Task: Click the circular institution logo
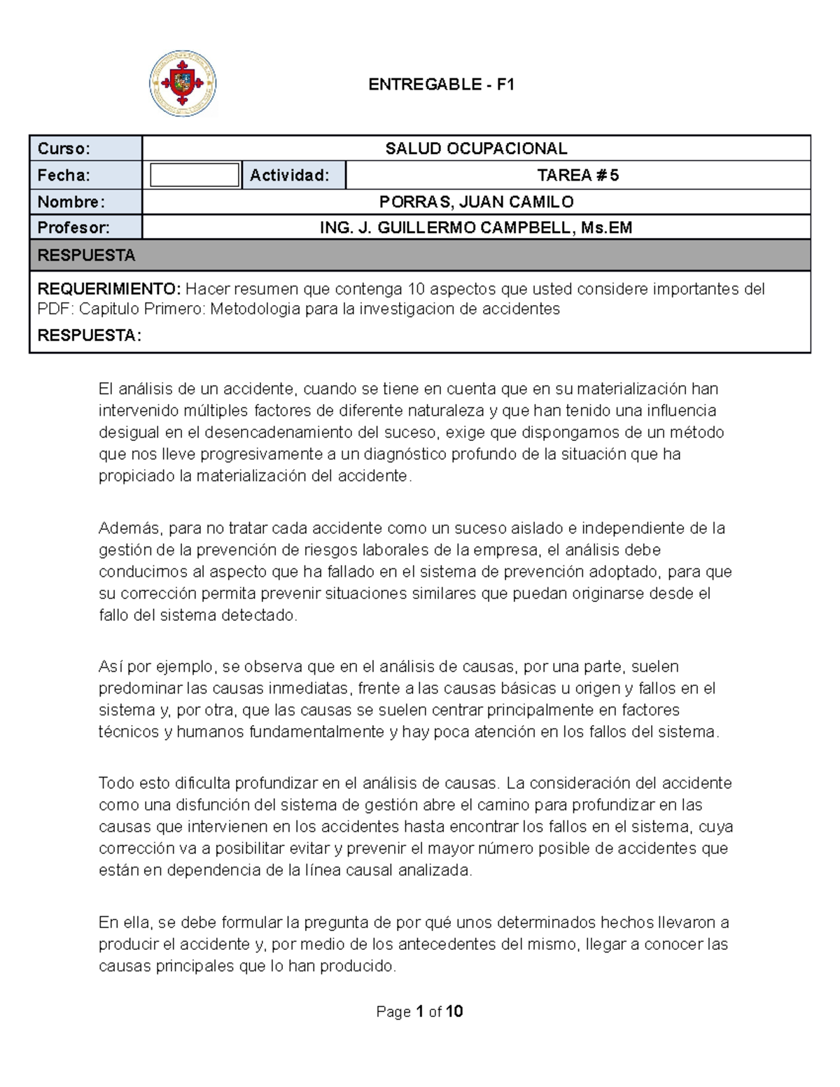183,83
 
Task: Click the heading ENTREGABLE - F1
442,85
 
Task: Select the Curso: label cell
85,148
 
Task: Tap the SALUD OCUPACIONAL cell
476,148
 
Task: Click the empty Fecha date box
195,175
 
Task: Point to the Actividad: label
290,175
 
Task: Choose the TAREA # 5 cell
577,175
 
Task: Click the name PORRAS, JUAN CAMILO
476,202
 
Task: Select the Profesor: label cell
85,227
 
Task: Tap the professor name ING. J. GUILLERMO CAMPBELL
476,227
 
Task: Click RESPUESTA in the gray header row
86,255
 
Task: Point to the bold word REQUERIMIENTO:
108,289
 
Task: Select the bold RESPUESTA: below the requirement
89,336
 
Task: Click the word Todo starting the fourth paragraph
115,783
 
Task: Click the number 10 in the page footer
454,1011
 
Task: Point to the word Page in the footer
393,1012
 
